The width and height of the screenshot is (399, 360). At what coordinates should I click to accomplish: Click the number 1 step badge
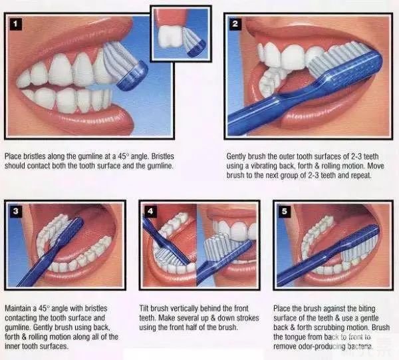tap(15, 25)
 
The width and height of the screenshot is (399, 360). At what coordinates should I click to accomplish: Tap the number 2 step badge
tap(235, 24)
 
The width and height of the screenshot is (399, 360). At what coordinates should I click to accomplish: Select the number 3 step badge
tap(15, 211)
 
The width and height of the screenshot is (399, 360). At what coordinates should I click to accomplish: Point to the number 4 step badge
tap(150, 211)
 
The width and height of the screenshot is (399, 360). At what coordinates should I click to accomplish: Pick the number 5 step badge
tap(285, 211)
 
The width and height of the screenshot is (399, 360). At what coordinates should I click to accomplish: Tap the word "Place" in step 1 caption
tap(13, 156)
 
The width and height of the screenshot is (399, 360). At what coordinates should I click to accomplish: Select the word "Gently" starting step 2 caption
tap(236, 156)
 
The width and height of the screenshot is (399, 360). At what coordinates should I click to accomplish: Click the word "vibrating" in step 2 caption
tap(265, 166)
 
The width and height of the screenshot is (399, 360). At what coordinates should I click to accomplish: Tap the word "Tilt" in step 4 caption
tap(144, 308)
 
